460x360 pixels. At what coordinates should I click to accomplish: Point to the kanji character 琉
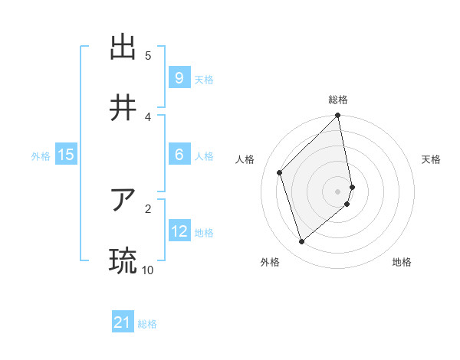123,261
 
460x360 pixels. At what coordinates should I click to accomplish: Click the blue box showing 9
179,78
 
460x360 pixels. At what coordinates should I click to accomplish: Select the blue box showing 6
179,155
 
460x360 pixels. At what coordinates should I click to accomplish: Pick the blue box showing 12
179,231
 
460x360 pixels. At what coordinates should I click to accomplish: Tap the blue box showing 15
66,155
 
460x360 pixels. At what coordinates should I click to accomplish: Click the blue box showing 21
123,323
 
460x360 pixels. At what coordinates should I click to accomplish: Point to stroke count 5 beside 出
148,55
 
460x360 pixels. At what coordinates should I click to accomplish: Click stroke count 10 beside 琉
147,270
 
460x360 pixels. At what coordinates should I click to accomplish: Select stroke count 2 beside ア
148,208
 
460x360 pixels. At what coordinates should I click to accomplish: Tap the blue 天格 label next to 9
203,80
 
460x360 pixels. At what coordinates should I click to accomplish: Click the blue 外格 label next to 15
41,156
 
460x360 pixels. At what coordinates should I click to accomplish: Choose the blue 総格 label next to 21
147,325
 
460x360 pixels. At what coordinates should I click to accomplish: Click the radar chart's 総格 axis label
338,100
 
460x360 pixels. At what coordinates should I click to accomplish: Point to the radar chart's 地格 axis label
402,262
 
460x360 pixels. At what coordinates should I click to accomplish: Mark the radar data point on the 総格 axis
338,116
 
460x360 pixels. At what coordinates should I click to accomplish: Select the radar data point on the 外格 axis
301,242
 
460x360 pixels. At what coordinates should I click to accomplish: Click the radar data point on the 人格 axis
280,172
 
